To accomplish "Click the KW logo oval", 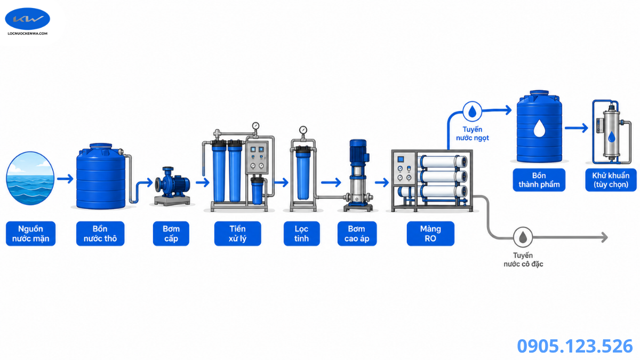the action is point(27,19).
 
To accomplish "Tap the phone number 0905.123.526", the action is point(575,346).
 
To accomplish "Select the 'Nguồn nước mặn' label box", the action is point(30,234).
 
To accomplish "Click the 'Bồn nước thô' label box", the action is point(100,234).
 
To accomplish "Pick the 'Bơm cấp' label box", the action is point(171,234).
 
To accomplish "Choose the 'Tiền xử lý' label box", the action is point(238,234).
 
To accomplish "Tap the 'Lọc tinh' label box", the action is point(302,234).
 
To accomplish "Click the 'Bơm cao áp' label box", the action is point(357,234).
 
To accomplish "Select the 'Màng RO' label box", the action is point(430,234).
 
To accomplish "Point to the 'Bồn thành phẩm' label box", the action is point(539,180).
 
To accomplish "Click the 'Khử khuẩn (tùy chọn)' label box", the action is point(611,180).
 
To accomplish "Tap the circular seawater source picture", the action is point(30,178).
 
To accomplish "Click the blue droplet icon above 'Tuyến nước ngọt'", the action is point(473,111).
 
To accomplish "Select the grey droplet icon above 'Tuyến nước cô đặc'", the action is point(523,237).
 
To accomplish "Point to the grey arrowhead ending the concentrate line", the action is point(604,237).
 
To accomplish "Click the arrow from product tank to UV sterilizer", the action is point(577,128).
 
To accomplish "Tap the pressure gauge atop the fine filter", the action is point(303,130).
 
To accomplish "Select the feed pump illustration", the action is point(173,186).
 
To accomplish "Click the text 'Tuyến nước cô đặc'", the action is point(523,259).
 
